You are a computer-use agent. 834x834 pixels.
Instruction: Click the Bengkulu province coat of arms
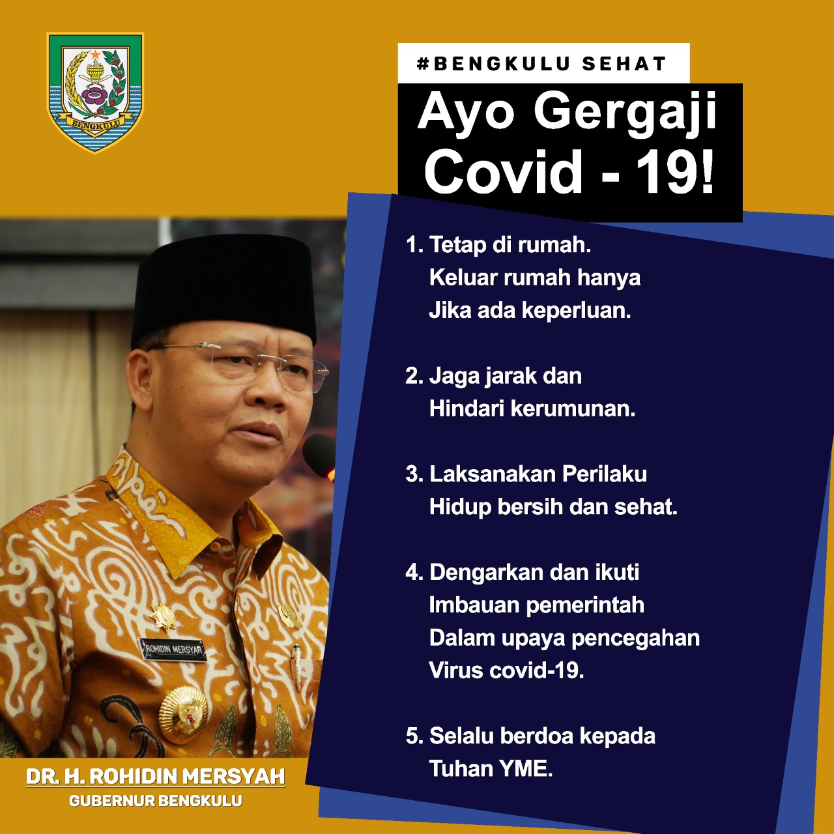(94, 92)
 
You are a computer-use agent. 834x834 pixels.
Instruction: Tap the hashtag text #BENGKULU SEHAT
(541, 64)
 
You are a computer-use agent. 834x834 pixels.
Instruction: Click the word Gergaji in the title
(625, 115)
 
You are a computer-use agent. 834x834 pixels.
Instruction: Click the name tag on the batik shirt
(173, 649)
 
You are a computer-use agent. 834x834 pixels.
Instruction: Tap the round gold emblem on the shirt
(183, 713)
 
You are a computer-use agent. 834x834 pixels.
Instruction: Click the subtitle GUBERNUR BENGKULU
(155, 801)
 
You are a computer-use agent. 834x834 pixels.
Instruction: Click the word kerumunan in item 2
(573, 409)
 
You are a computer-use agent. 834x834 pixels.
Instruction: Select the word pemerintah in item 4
(585, 605)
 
